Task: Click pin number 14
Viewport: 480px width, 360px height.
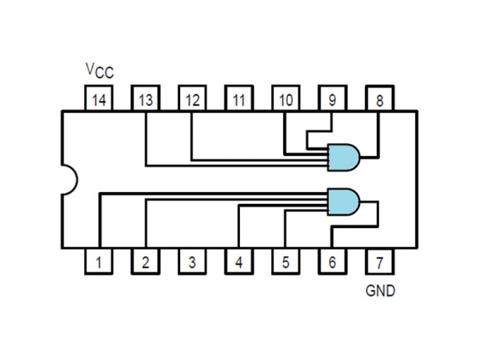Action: (98, 100)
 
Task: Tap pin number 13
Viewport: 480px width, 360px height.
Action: (145, 100)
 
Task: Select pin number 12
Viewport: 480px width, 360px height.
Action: (192, 100)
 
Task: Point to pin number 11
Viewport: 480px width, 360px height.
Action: (239, 100)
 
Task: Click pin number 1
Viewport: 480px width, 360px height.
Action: (98, 261)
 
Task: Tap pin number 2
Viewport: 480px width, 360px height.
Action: (145, 261)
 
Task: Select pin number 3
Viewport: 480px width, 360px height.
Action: (192, 261)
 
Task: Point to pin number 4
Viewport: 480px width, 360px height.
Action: (239, 261)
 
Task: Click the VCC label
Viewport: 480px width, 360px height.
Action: (99, 72)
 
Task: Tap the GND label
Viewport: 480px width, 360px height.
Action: (380, 290)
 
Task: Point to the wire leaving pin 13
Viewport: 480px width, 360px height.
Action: (145, 140)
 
